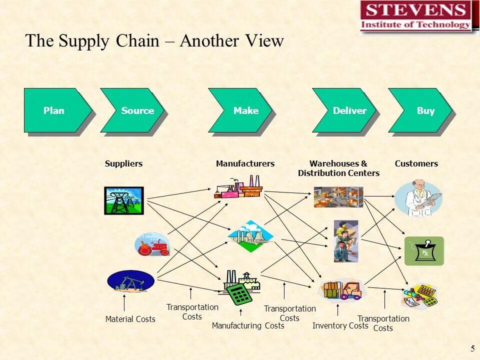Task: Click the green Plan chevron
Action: tap(55, 110)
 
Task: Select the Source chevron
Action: tap(134, 110)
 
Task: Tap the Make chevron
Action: tap(242, 110)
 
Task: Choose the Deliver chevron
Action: tap(346, 110)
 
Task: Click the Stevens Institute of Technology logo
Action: tap(416, 17)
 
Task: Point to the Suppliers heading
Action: tap(123, 163)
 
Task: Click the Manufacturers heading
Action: tap(245, 163)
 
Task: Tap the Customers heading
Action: tap(416, 163)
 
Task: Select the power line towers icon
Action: tap(123, 200)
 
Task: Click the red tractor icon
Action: tap(152, 245)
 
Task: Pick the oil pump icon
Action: tap(130, 281)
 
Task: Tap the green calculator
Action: tap(239, 293)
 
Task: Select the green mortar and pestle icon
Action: tap(424, 251)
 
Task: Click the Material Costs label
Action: tap(130, 319)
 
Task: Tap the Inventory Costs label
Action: tap(340, 326)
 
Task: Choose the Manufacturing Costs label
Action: tap(248, 326)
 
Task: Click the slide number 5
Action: tap(472, 348)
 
